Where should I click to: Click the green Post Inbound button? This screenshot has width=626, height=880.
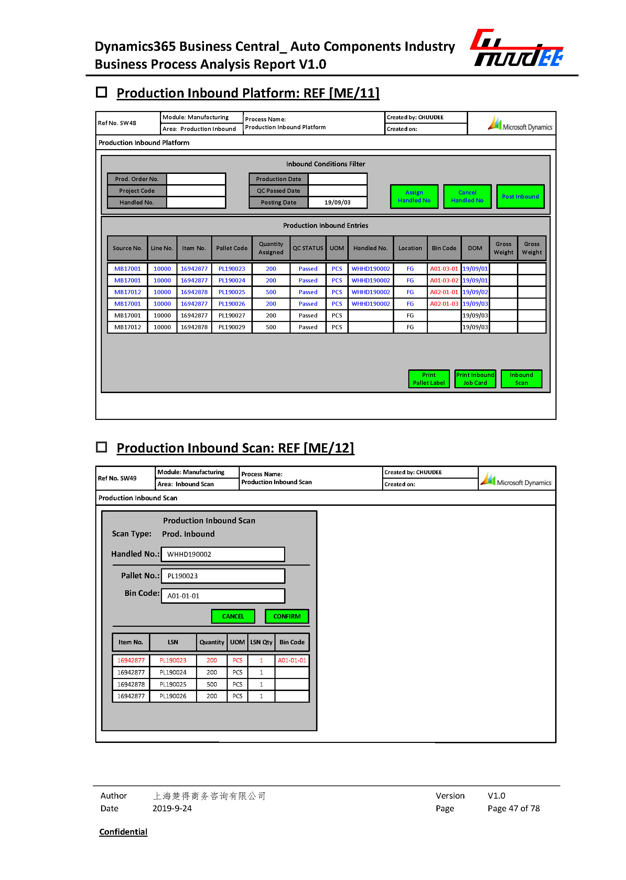[x=520, y=197]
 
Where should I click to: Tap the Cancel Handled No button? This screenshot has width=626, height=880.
[x=467, y=197]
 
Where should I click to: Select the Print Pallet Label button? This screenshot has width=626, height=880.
[x=429, y=379]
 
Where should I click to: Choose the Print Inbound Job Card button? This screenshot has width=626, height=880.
[x=475, y=379]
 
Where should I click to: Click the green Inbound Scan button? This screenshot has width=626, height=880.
[x=521, y=379]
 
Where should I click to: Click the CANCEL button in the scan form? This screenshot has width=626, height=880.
[x=233, y=616]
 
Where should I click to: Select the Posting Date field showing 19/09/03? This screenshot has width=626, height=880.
[x=337, y=202]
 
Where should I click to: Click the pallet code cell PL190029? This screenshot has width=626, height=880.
[x=232, y=327]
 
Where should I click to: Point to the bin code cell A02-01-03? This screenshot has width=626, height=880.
[x=444, y=303]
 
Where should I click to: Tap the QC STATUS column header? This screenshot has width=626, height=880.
[x=307, y=248]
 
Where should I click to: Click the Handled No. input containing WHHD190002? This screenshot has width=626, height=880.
[x=223, y=554]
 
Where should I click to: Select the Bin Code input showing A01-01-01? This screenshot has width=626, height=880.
[x=223, y=596]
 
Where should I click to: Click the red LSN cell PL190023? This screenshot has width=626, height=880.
[x=173, y=660]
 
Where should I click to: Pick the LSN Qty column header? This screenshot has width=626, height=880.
[x=261, y=642]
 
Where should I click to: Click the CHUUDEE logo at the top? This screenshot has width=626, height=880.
[x=517, y=48]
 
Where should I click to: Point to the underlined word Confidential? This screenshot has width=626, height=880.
[x=123, y=832]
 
